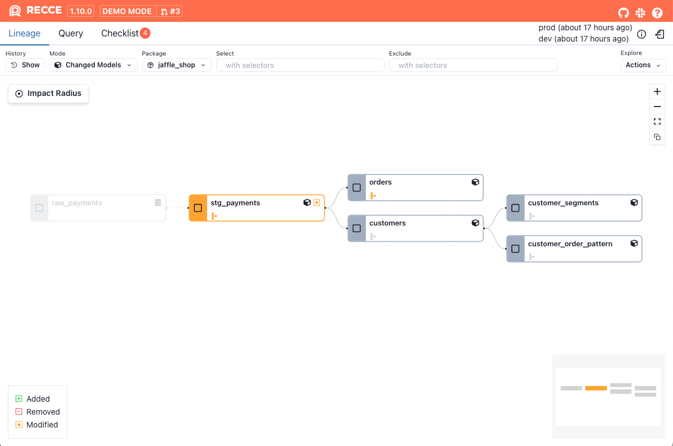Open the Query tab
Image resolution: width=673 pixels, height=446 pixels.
point(71,34)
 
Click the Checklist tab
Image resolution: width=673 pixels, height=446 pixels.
point(120,34)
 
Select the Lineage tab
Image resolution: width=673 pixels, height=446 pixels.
point(25,34)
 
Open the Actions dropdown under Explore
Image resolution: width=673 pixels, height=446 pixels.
point(643,65)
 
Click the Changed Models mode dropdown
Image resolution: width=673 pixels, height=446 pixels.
point(93,65)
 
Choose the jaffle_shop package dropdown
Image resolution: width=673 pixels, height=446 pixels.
point(176,65)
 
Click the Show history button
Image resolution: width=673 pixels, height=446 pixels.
point(25,65)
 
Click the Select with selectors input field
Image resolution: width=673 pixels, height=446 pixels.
point(300,65)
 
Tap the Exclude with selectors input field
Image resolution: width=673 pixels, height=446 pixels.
point(473,65)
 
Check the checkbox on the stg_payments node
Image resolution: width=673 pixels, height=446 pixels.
point(198,208)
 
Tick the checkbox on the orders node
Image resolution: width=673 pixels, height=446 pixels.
point(356,188)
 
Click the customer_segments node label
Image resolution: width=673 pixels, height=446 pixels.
point(563,203)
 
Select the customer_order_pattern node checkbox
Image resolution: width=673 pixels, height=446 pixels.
point(515,249)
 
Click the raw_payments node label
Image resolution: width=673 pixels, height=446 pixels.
point(77,203)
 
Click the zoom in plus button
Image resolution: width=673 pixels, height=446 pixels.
point(657,91)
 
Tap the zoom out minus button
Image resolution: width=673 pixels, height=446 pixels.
point(657,107)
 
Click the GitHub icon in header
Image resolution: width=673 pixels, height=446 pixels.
point(623,12)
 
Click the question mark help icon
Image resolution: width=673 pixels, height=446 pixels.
point(657,12)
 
